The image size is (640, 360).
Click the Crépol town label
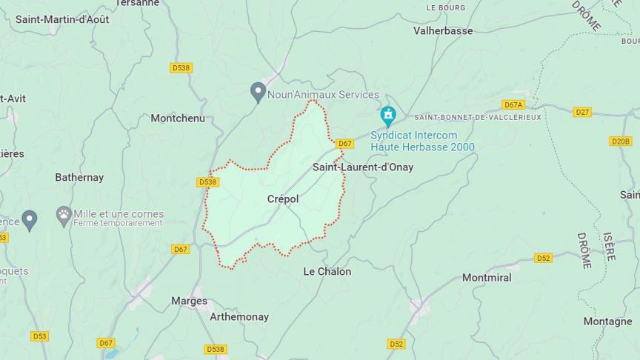tap(282, 199)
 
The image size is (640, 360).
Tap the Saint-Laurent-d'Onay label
tap(362, 167)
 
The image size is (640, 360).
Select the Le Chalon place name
tap(327, 272)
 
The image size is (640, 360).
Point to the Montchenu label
tap(177, 118)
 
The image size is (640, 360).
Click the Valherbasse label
tap(443, 30)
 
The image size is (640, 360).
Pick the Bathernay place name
tap(79, 178)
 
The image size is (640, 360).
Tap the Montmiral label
tap(487, 278)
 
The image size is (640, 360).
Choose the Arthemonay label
tap(239, 317)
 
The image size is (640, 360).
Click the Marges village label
tap(189, 301)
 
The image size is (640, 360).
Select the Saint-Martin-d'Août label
tap(62, 19)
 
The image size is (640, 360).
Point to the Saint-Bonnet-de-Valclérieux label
tap(478, 117)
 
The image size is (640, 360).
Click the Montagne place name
tap(607, 321)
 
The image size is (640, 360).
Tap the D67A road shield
tap(513, 105)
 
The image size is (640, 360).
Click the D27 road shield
tap(582, 113)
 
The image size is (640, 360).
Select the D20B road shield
tap(621, 141)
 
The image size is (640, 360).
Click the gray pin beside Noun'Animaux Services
tap(258, 93)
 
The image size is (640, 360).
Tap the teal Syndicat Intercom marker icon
tap(388, 116)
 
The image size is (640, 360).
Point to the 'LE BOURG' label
tap(446, 7)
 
